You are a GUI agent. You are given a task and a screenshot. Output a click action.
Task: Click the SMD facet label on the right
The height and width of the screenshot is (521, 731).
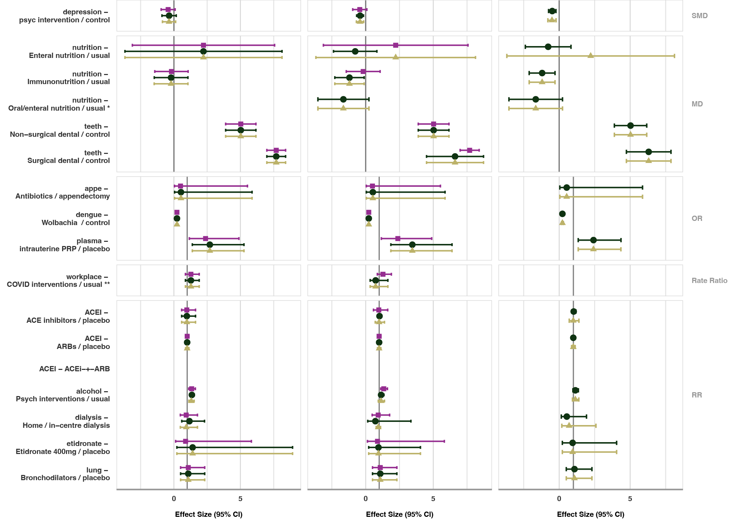click(x=699, y=16)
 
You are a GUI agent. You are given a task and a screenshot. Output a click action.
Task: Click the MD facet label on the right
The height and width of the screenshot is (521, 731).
click(x=697, y=104)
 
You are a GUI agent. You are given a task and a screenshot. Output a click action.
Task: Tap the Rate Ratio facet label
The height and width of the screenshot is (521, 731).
click(x=709, y=281)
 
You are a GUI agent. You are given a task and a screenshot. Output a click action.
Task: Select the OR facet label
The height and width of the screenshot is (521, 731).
click(x=696, y=218)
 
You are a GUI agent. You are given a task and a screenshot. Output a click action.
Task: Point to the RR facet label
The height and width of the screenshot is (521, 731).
click(x=696, y=395)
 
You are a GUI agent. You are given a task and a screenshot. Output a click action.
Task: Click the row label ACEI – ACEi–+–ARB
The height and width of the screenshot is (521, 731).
click(x=74, y=369)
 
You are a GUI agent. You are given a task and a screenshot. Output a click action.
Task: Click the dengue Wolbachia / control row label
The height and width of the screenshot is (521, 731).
click(x=75, y=219)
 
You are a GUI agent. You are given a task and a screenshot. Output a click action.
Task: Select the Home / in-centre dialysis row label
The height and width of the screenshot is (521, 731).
click(x=66, y=422)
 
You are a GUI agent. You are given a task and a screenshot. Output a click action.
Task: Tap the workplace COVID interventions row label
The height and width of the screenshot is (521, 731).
click(x=58, y=281)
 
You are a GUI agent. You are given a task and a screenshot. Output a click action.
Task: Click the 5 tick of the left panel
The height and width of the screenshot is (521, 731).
click(x=240, y=499)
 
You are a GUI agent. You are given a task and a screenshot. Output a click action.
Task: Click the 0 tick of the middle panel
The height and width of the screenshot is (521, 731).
click(x=365, y=499)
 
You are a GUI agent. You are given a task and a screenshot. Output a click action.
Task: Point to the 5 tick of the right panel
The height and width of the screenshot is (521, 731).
click(x=630, y=499)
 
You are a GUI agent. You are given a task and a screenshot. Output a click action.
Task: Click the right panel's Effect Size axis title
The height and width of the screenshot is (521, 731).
click(x=590, y=514)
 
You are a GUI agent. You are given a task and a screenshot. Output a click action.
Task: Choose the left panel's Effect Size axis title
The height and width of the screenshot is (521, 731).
click(x=208, y=514)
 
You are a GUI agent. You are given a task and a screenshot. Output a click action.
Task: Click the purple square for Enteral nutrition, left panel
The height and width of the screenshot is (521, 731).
click(x=204, y=45)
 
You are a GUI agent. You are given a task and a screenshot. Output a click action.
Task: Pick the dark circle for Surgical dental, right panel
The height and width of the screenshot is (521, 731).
click(x=648, y=152)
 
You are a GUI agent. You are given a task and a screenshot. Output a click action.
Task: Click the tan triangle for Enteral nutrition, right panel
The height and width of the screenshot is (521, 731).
click(x=590, y=55)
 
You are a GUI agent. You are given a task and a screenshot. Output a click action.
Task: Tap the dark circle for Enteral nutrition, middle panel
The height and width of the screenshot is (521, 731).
click(x=355, y=51)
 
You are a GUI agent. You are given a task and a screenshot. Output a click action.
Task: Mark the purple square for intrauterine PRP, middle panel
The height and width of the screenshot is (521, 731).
click(x=398, y=239)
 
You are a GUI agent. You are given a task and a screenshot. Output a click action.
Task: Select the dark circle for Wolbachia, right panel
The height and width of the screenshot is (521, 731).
click(x=562, y=214)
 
